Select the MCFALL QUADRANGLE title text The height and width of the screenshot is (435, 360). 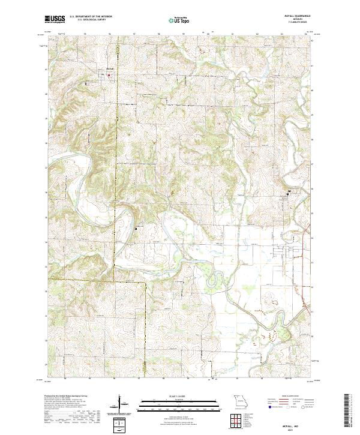click(x=296, y=17)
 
